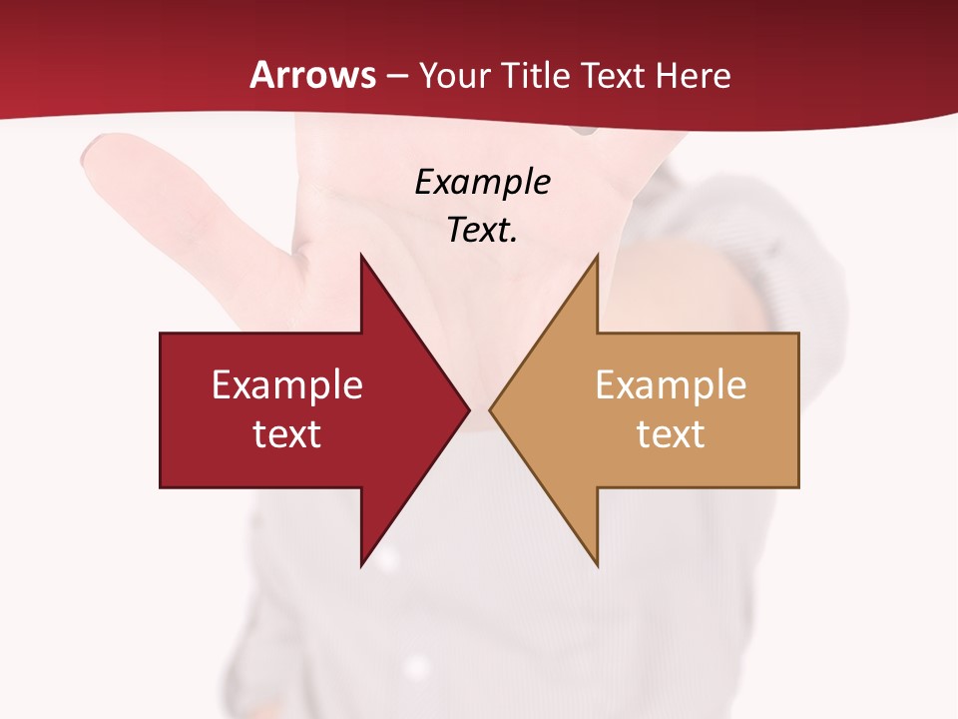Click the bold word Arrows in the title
313,75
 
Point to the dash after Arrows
396,76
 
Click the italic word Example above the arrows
482,183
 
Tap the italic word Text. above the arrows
482,231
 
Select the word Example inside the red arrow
287,385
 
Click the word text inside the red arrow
287,434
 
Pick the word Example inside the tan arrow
671,385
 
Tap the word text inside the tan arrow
671,434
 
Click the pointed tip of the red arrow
468,409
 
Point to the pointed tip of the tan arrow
491,409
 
